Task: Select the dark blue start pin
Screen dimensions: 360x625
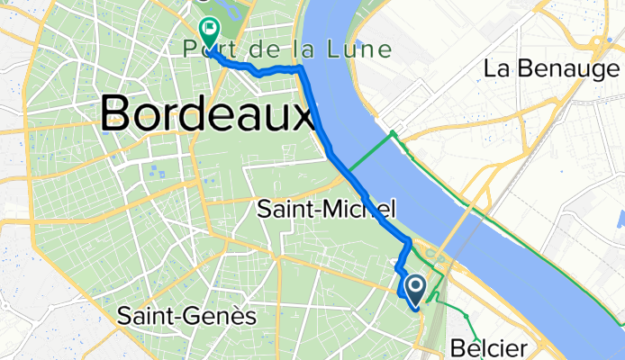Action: point(416,289)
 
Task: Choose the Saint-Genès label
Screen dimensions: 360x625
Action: point(187,316)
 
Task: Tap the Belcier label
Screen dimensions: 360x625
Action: point(485,347)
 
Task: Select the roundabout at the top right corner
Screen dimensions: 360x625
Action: point(598,42)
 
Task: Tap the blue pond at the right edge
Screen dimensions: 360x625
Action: point(620,217)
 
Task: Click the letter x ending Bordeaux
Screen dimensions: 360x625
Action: point(303,113)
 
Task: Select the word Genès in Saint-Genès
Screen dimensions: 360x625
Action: point(229,316)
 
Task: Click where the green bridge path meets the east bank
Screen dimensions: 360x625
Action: point(393,134)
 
